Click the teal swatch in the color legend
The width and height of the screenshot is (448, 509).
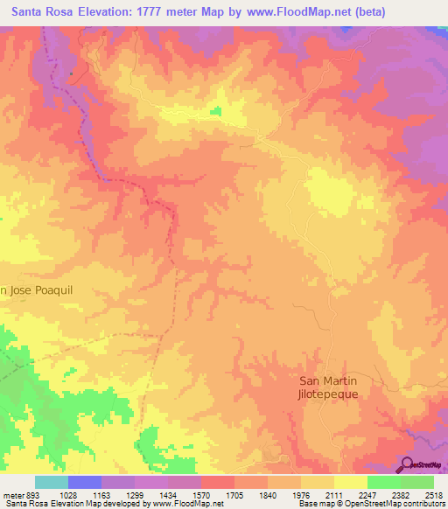pos(52,483)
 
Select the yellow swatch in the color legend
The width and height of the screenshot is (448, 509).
pos(350,483)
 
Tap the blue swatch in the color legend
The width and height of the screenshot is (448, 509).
pos(85,483)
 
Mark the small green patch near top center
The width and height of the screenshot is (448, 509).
pos(215,111)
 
